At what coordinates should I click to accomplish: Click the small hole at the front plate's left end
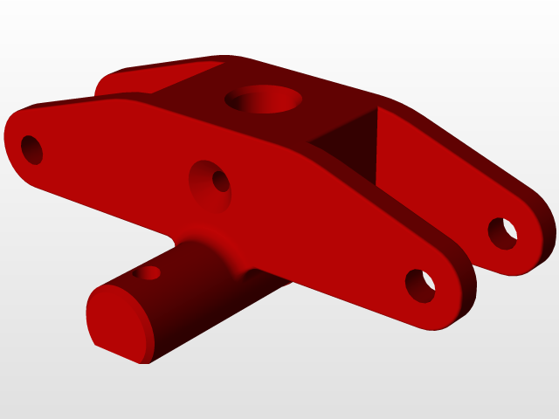pyautogui.click(x=31, y=149)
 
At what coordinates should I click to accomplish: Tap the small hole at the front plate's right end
pyautogui.click(x=420, y=285)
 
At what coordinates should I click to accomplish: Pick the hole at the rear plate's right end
pyautogui.click(x=502, y=233)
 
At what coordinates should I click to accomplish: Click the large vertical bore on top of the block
pyautogui.click(x=264, y=100)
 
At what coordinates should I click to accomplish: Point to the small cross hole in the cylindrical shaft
pyautogui.click(x=149, y=273)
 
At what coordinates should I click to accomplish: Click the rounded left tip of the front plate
pyautogui.click(x=12, y=140)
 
